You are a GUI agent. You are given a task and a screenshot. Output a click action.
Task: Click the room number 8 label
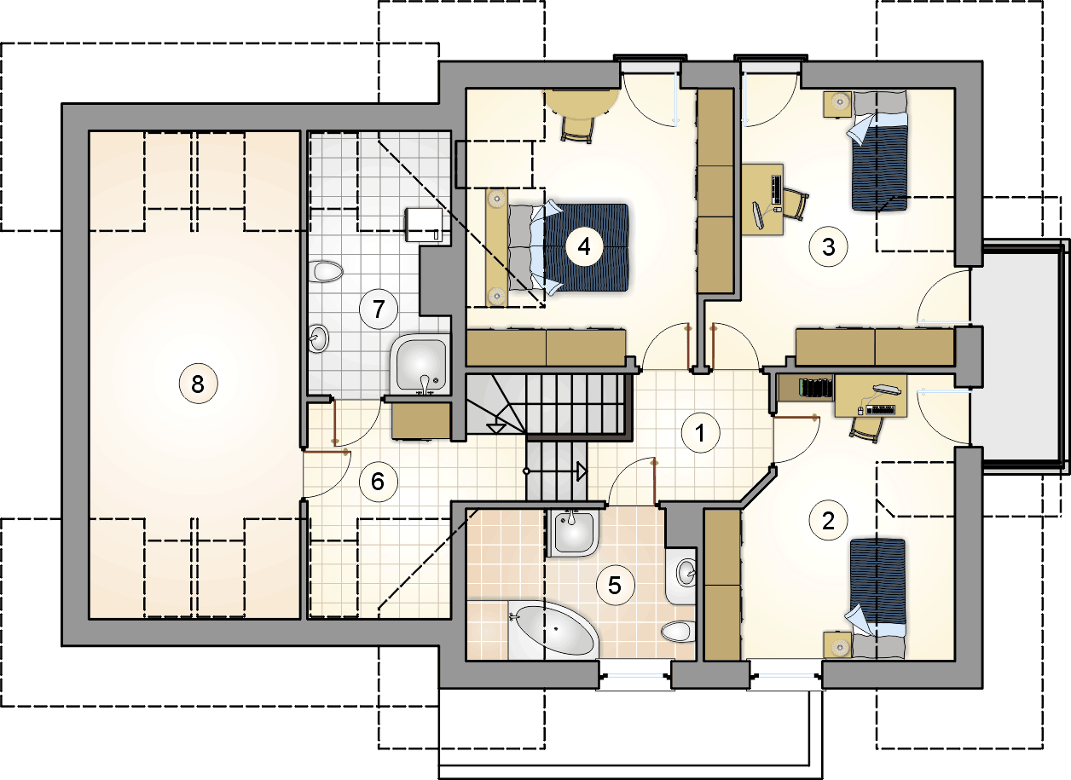tap(198, 384)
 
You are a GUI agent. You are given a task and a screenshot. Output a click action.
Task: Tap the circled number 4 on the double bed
tap(584, 247)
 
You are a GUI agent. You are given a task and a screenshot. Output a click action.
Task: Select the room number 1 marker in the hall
tap(700, 433)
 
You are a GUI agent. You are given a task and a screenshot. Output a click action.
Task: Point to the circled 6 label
tap(378, 482)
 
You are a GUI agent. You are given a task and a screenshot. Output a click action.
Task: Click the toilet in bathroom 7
tap(328, 272)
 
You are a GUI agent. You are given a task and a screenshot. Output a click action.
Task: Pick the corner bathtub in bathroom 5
tap(553, 631)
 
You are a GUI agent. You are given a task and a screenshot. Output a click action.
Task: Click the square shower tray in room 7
tap(420, 365)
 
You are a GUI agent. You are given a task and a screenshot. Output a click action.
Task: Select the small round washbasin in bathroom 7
tap(318, 338)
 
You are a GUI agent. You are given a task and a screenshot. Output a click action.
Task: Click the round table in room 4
tap(582, 105)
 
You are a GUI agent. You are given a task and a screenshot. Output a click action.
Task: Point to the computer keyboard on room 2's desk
tap(880, 409)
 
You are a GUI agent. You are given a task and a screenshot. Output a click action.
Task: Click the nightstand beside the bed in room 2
tap(837, 645)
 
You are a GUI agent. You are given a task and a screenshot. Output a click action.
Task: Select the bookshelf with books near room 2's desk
tap(806, 388)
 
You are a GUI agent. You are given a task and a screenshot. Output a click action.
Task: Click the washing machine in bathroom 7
tap(424, 225)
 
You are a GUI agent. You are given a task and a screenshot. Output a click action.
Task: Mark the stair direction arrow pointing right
tap(556, 471)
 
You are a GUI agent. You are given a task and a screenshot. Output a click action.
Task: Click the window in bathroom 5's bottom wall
tap(635, 675)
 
